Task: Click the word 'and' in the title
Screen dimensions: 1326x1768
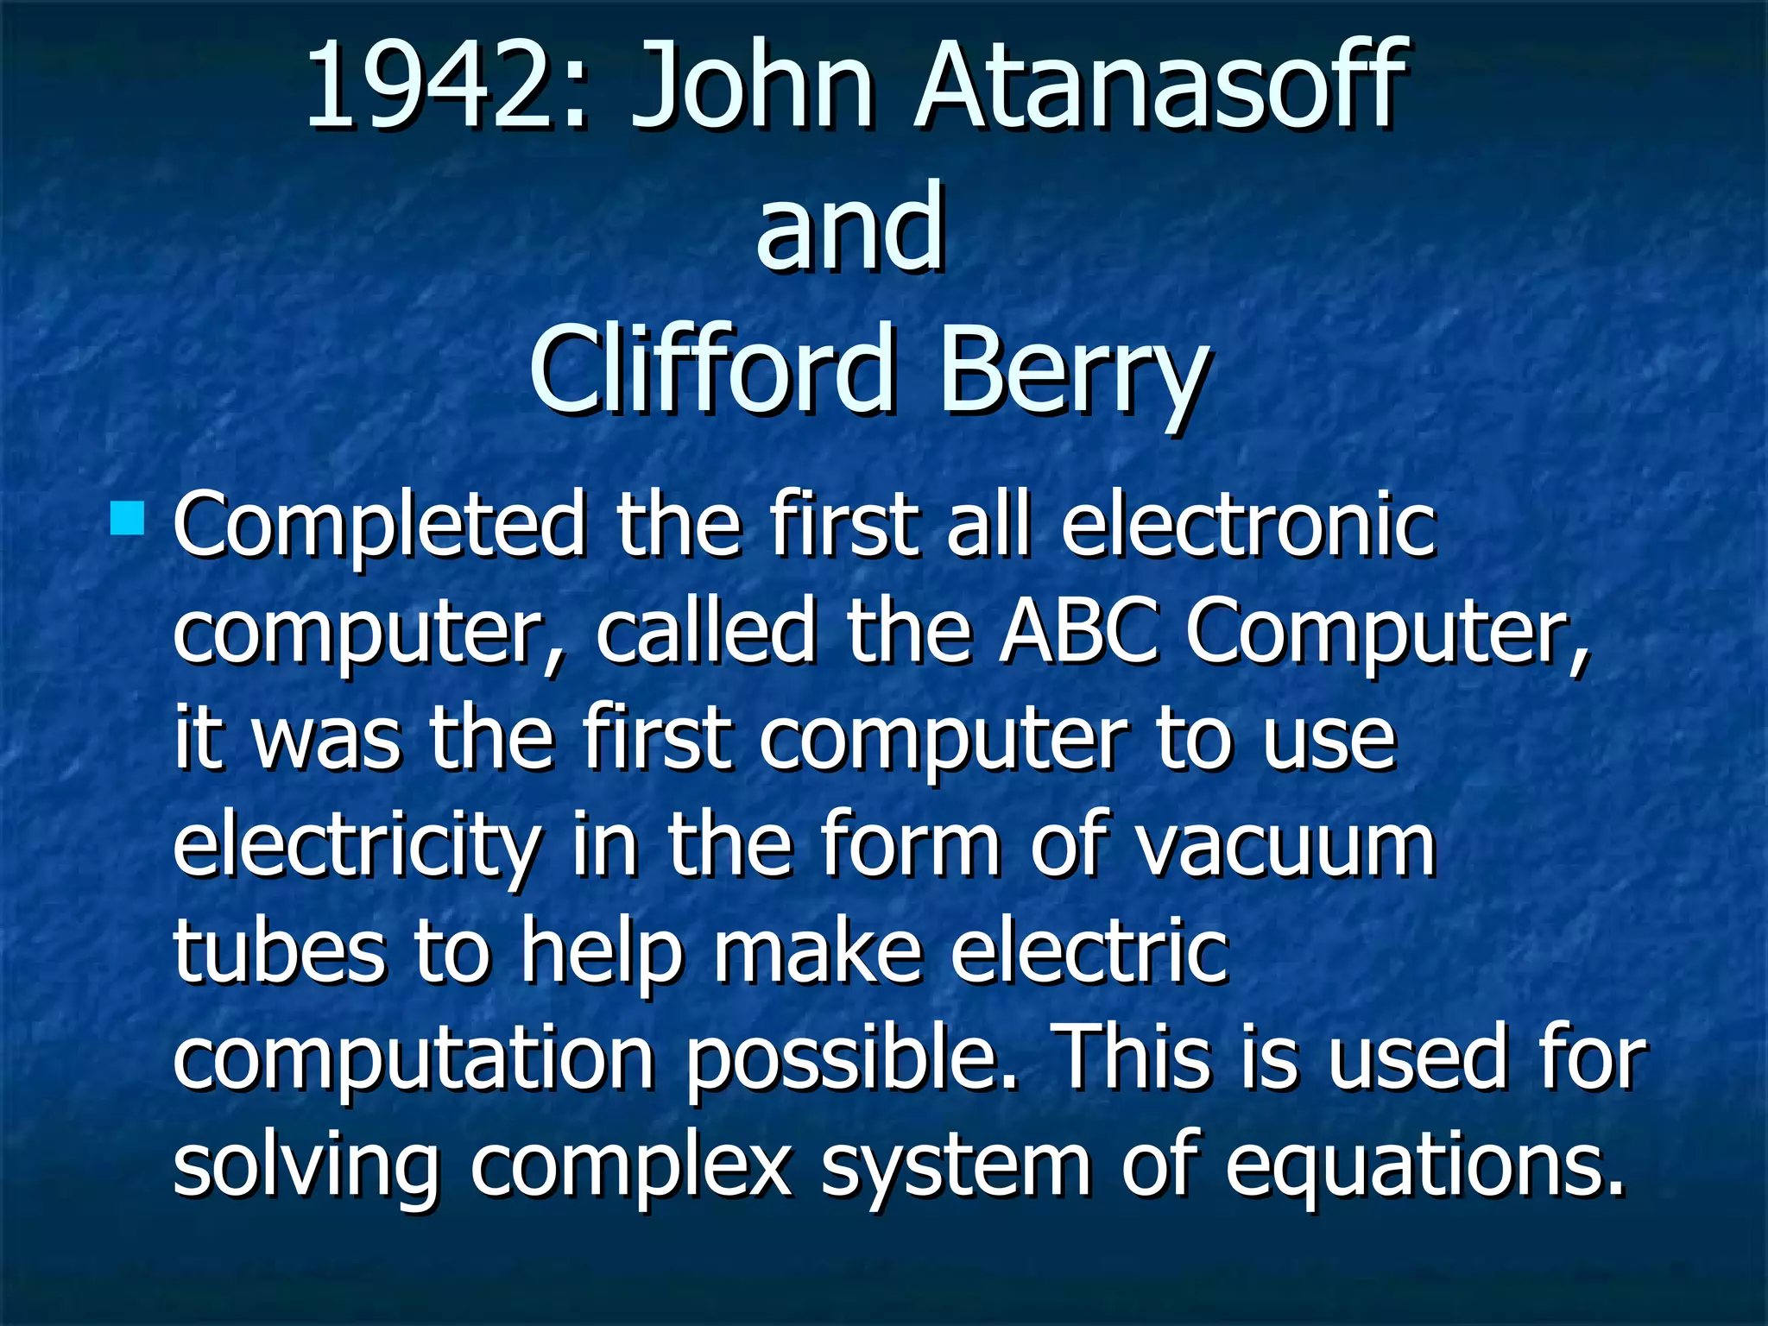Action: (x=850, y=228)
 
